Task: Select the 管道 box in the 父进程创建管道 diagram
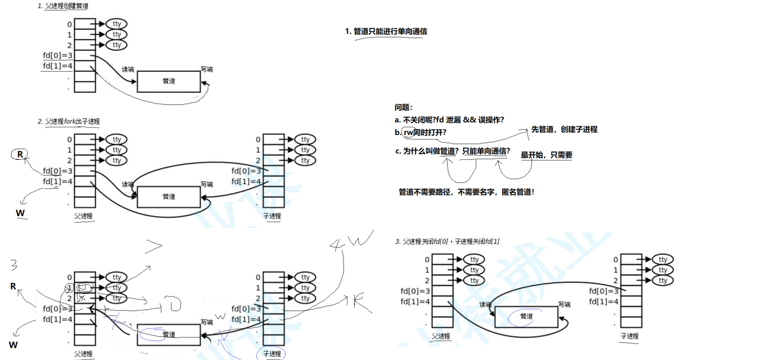pos(169,81)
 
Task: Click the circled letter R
pos(20,155)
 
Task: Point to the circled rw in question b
pos(409,132)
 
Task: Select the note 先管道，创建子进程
pos(564,129)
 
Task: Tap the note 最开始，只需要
pos(546,155)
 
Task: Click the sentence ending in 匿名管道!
pos(467,192)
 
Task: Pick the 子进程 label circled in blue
pos(272,353)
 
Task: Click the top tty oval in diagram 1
pos(117,24)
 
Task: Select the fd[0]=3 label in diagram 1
pos(57,55)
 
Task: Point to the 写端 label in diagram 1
pos(207,69)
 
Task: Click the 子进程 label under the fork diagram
pos(272,216)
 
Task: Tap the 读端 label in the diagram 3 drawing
pos(485,304)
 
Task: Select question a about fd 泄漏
pos(449,120)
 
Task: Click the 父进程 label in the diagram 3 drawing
pos(441,336)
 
